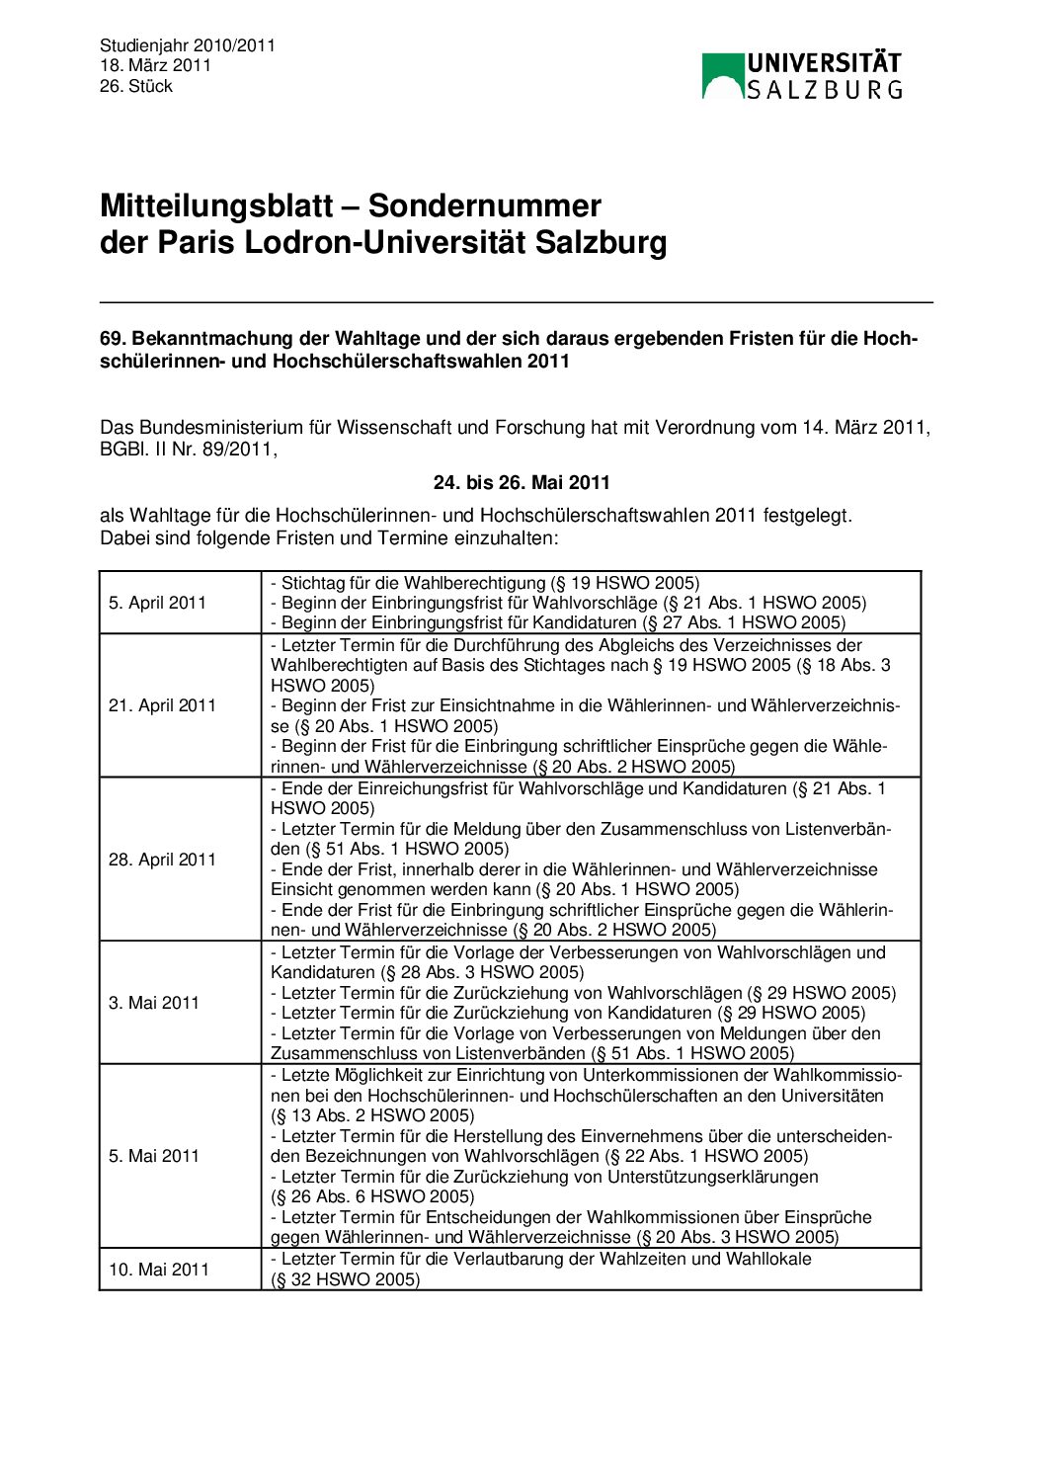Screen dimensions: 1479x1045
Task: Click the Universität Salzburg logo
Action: [801, 76]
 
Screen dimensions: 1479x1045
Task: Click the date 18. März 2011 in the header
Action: [155, 66]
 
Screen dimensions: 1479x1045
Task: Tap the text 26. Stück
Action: [135, 87]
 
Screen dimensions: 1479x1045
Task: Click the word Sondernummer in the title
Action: [484, 205]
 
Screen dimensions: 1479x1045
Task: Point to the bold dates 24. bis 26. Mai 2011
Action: [522, 483]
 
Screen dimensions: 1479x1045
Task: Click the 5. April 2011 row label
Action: [157, 603]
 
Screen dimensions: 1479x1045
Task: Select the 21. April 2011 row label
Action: [162, 705]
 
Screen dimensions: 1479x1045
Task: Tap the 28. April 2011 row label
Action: [162, 860]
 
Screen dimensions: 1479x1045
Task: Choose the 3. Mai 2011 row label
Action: [154, 1003]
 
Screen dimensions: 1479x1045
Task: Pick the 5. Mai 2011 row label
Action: [154, 1156]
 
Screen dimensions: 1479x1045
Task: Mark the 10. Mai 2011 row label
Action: [158, 1270]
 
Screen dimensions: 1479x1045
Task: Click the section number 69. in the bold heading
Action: [114, 339]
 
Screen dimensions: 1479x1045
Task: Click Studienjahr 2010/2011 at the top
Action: [188, 45]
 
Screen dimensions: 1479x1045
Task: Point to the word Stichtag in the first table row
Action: [312, 583]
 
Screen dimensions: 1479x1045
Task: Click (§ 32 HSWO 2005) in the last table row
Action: [346, 1280]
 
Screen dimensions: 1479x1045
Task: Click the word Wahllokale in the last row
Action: [768, 1260]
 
